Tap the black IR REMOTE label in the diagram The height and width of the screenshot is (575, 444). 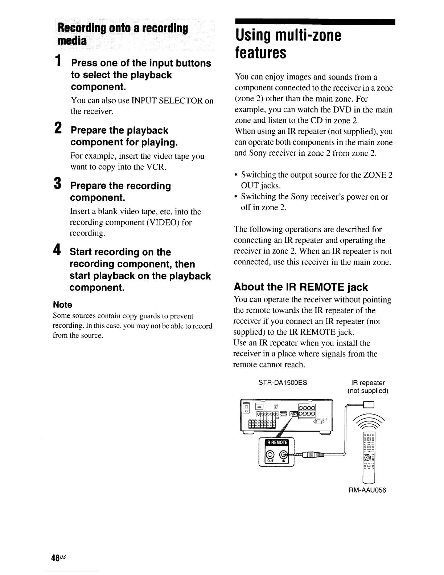[277, 443]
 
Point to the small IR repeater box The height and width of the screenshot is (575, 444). [369, 404]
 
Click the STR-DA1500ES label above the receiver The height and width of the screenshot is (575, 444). [283, 383]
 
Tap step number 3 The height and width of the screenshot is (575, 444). [57, 184]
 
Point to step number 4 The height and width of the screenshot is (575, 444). [57, 250]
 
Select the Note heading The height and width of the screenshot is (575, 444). [62, 305]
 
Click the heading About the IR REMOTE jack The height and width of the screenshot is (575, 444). [301, 287]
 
